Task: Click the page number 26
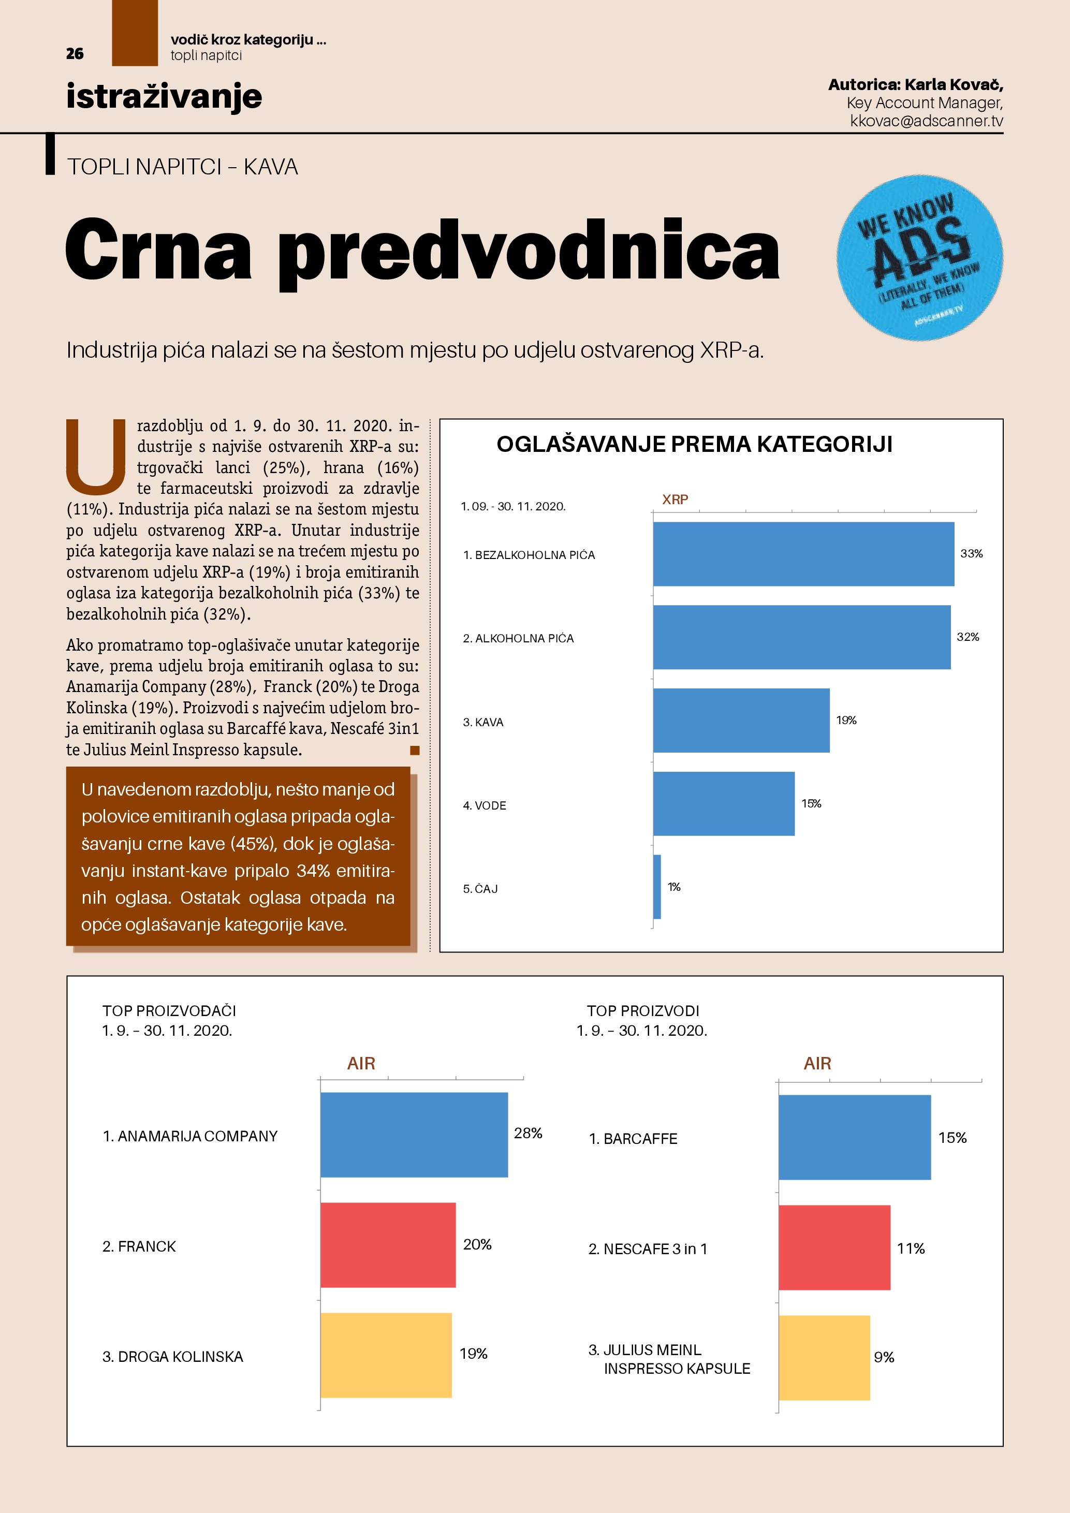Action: pos(75,54)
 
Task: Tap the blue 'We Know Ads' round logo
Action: pos(919,258)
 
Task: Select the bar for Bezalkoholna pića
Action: pos(803,554)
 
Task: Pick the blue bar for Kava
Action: pos(741,720)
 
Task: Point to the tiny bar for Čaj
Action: pos(657,887)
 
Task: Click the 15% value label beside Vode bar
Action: pos(811,804)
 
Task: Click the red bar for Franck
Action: pos(388,1245)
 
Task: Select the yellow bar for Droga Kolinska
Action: pos(386,1355)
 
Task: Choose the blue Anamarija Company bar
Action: pos(414,1135)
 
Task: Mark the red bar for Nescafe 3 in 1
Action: pos(834,1247)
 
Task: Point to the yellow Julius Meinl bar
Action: pos(824,1358)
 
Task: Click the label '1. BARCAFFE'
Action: pos(633,1139)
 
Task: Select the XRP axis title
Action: pos(675,500)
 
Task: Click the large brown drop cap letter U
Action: pos(96,456)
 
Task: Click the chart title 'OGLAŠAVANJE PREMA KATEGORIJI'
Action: pos(695,444)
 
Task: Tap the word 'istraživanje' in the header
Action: pos(164,96)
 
